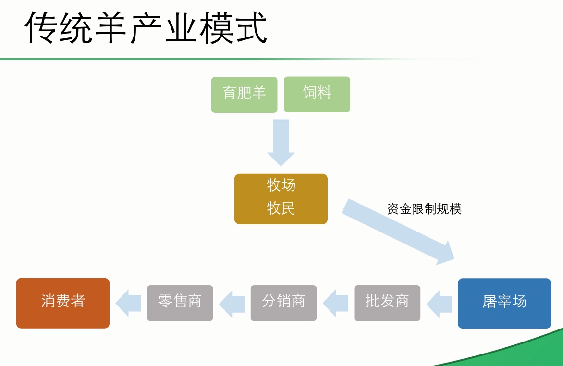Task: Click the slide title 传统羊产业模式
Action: point(146,28)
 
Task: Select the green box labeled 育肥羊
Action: point(244,95)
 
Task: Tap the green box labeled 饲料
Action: point(317,95)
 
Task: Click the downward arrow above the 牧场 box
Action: point(281,143)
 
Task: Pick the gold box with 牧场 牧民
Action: point(281,199)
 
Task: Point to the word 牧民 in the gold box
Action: point(281,208)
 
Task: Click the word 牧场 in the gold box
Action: point(281,185)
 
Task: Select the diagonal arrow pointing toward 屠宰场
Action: point(398,232)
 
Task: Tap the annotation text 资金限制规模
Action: point(424,208)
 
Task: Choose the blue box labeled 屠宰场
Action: point(504,303)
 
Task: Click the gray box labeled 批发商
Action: point(387,303)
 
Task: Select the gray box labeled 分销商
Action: point(283,303)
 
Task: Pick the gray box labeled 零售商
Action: point(180,303)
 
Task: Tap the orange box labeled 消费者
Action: point(63,303)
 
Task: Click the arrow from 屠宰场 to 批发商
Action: point(439,304)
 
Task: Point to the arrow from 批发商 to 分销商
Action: point(335,304)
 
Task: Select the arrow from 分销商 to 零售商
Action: point(232,304)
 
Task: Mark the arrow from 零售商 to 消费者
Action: point(128,304)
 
